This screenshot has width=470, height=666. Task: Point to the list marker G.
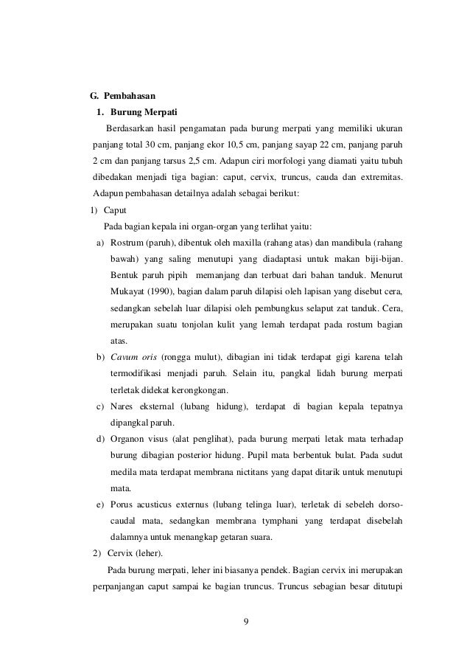94,96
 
